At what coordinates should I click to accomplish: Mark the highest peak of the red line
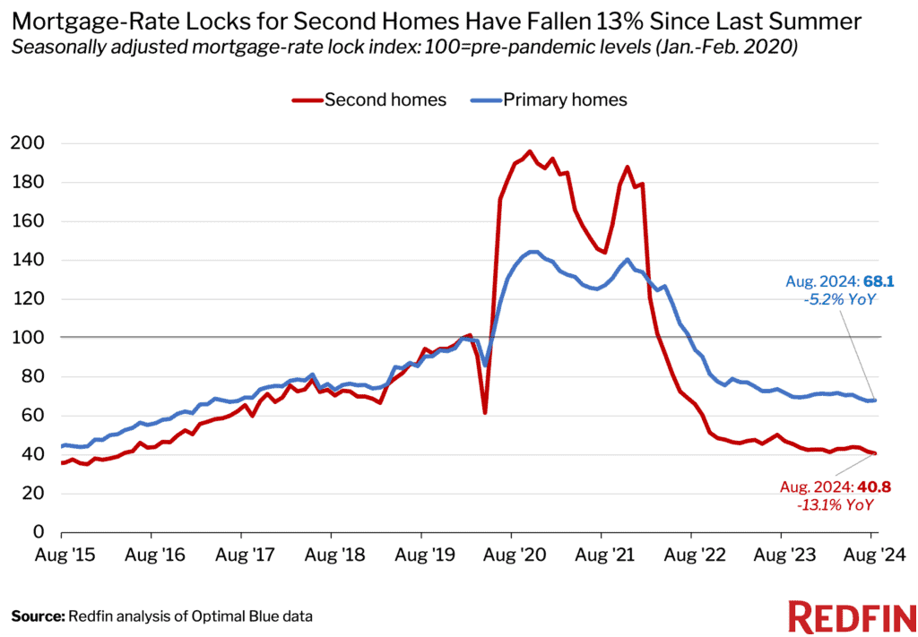click(x=530, y=151)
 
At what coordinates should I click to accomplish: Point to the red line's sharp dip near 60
click(x=485, y=412)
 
